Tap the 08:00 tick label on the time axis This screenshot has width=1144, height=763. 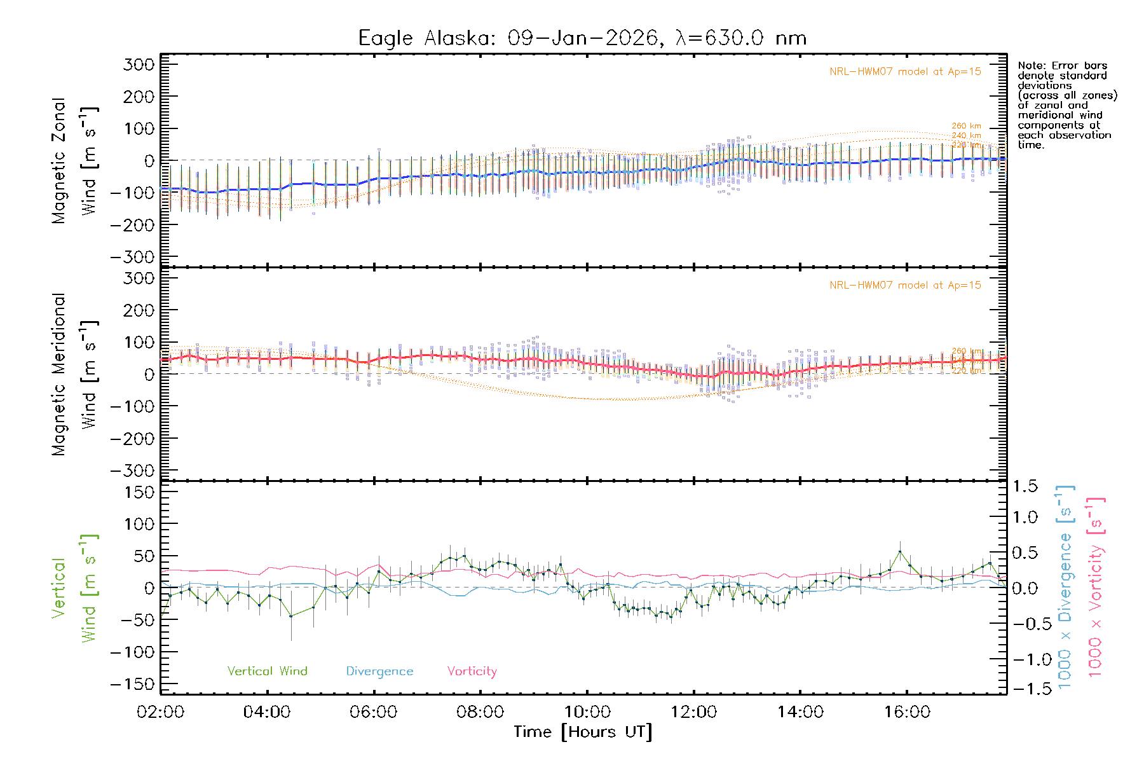pyautogui.click(x=480, y=712)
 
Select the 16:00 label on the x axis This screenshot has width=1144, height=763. pyautogui.click(x=907, y=712)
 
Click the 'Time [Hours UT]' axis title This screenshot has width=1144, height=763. pyautogui.click(x=583, y=732)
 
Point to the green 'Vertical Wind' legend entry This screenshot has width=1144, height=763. pyautogui.click(x=267, y=671)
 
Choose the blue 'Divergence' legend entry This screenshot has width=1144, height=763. pyautogui.click(x=379, y=671)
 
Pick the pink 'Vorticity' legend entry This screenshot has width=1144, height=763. pyautogui.click(x=472, y=671)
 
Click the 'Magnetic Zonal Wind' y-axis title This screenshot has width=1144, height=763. pyautogui.click(x=74, y=160)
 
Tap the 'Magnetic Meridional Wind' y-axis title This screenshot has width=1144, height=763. pyautogui.click(x=74, y=375)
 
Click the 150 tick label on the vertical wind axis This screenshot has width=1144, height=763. pyautogui.click(x=139, y=492)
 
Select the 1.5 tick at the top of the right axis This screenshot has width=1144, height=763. pyautogui.click(x=1025, y=486)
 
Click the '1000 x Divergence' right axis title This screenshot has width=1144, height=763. pyautogui.click(x=1065, y=587)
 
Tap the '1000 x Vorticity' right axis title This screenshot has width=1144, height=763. pyautogui.click(x=1096, y=587)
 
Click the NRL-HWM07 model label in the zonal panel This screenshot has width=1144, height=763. pyautogui.click(x=905, y=72)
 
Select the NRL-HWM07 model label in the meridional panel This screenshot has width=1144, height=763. pyautogui.click(x=905, y=285)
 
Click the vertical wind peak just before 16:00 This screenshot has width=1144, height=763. pyautogui.click(x=899, y=552)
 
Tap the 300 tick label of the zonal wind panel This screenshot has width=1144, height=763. pyautogui.click(x=139, y=64)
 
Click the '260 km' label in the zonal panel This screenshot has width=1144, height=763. pyautogui.click(x=966, y=126)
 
